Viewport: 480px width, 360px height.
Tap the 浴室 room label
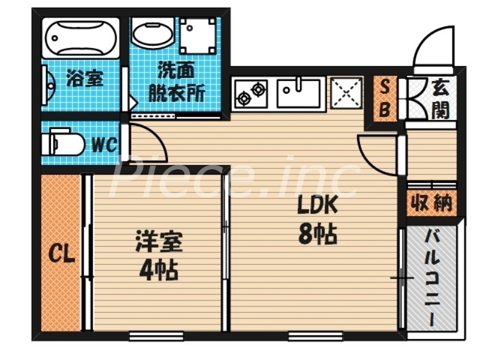tap(85, 78)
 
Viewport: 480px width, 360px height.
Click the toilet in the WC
tap(62, 144)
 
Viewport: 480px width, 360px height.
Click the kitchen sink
tap(298, 93)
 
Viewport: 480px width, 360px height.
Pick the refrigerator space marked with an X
tap(346, 94)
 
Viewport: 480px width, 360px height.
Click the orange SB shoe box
tap(385, 99)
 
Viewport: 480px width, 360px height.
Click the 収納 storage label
tap(430, 204)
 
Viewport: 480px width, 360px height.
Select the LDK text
tap(318, 205)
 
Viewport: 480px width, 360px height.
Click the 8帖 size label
tap(317, 235)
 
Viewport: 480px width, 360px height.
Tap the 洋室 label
tap(158, 243)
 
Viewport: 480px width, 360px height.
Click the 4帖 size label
tap(158, 271)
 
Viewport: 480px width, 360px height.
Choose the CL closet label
tap(61, 255)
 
